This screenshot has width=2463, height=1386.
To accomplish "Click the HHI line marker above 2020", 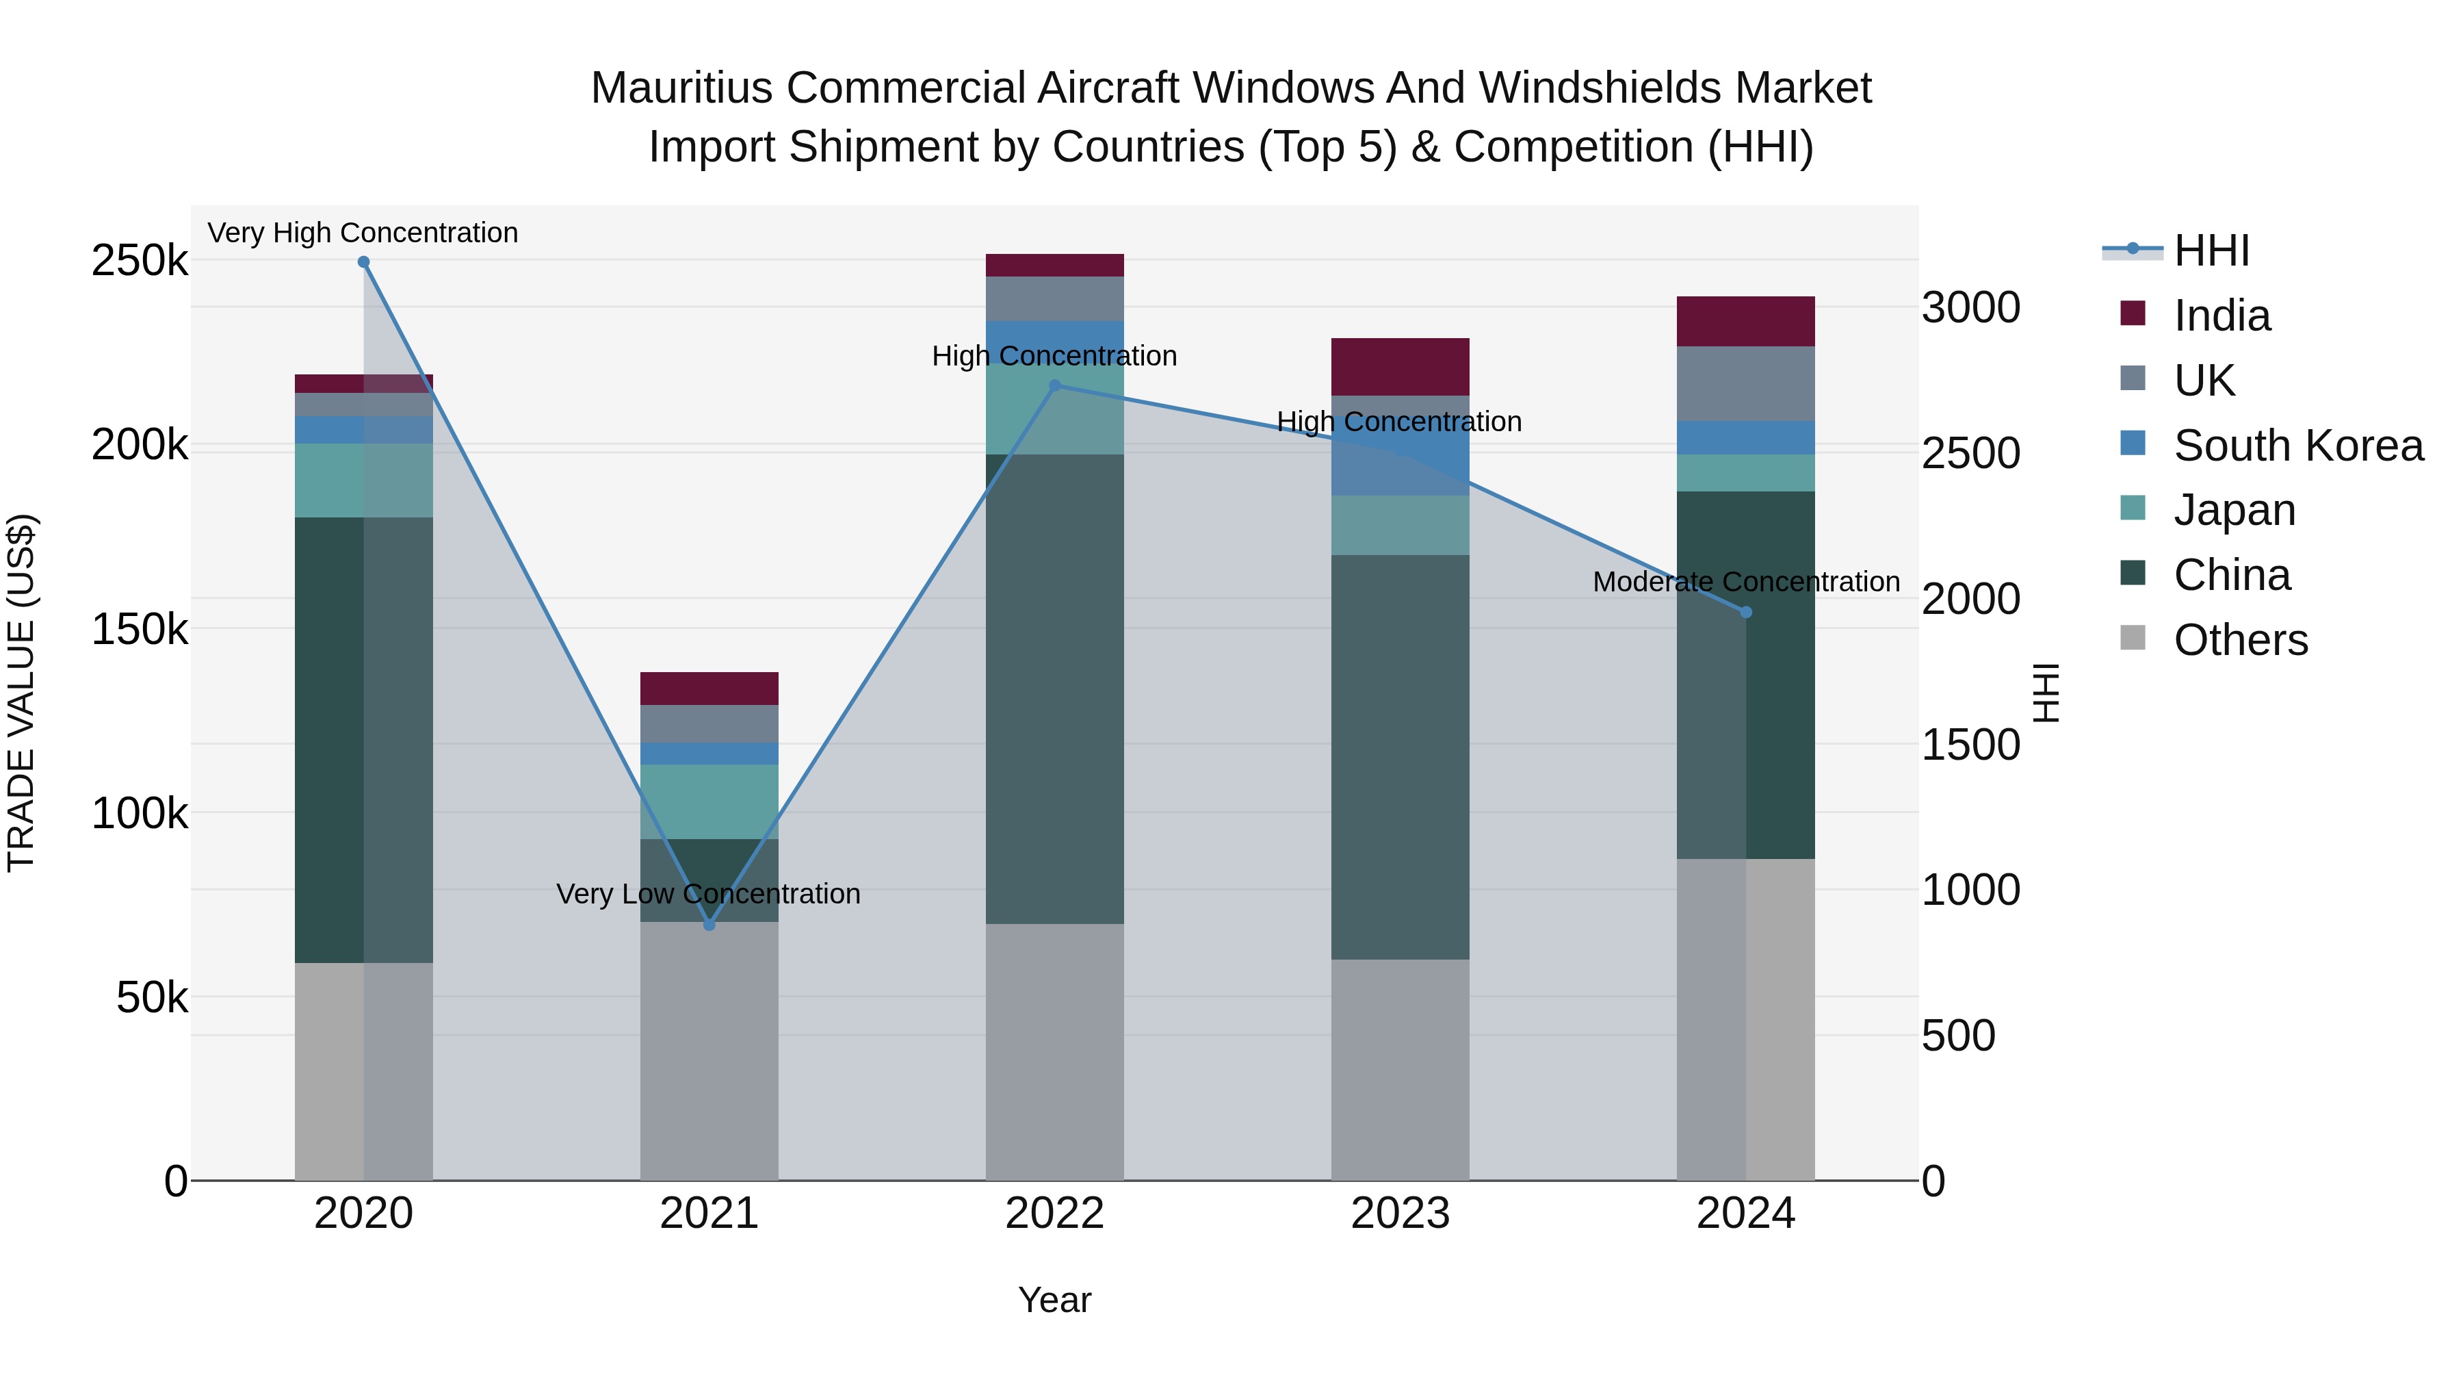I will point(363,262).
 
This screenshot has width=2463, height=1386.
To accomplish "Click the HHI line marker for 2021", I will point(709,925).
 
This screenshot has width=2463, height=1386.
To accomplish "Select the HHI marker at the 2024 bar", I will point(1746,612).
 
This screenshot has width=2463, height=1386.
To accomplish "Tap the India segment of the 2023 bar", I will point(1400,366).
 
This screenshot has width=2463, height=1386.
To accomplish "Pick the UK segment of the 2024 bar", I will point(1746,383).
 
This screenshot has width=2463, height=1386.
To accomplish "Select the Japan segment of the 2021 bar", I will point(709,801).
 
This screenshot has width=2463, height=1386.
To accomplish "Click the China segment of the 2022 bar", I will point(1054,689).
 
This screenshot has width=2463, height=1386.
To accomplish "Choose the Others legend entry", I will point(2240,640).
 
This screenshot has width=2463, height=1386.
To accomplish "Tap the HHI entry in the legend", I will point(2211,251).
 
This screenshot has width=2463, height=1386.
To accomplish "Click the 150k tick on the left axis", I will point(140,630).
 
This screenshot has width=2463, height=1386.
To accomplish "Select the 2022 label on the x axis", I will point(1054,1214).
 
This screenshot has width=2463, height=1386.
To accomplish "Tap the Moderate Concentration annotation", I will point(1746,582).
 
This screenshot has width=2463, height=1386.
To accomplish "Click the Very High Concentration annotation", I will point(363,233).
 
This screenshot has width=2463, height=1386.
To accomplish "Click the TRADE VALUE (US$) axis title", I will point(21,693).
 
